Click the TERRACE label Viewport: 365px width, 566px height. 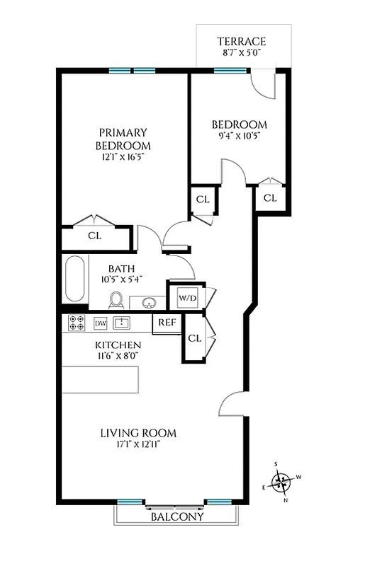[x=242, y=42]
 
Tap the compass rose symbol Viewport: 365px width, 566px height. [x=283, y=483]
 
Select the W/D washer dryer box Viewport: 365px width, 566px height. [x=187, y=296]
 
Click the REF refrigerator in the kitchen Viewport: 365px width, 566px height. [x=167, y=322]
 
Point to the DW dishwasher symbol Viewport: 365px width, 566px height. [x=100, y=323]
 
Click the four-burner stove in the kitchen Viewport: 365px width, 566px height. [x=76, y=323]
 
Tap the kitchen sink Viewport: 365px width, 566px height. [x=123, y=323]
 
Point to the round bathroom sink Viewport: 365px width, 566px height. [x=150, y=304]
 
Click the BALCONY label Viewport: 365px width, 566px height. [x=177, y=517]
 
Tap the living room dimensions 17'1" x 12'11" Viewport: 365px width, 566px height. [x=137, y=445]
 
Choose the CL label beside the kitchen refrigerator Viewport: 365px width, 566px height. [x=194, y=338]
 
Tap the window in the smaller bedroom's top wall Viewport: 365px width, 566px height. [x=230, y=70]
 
